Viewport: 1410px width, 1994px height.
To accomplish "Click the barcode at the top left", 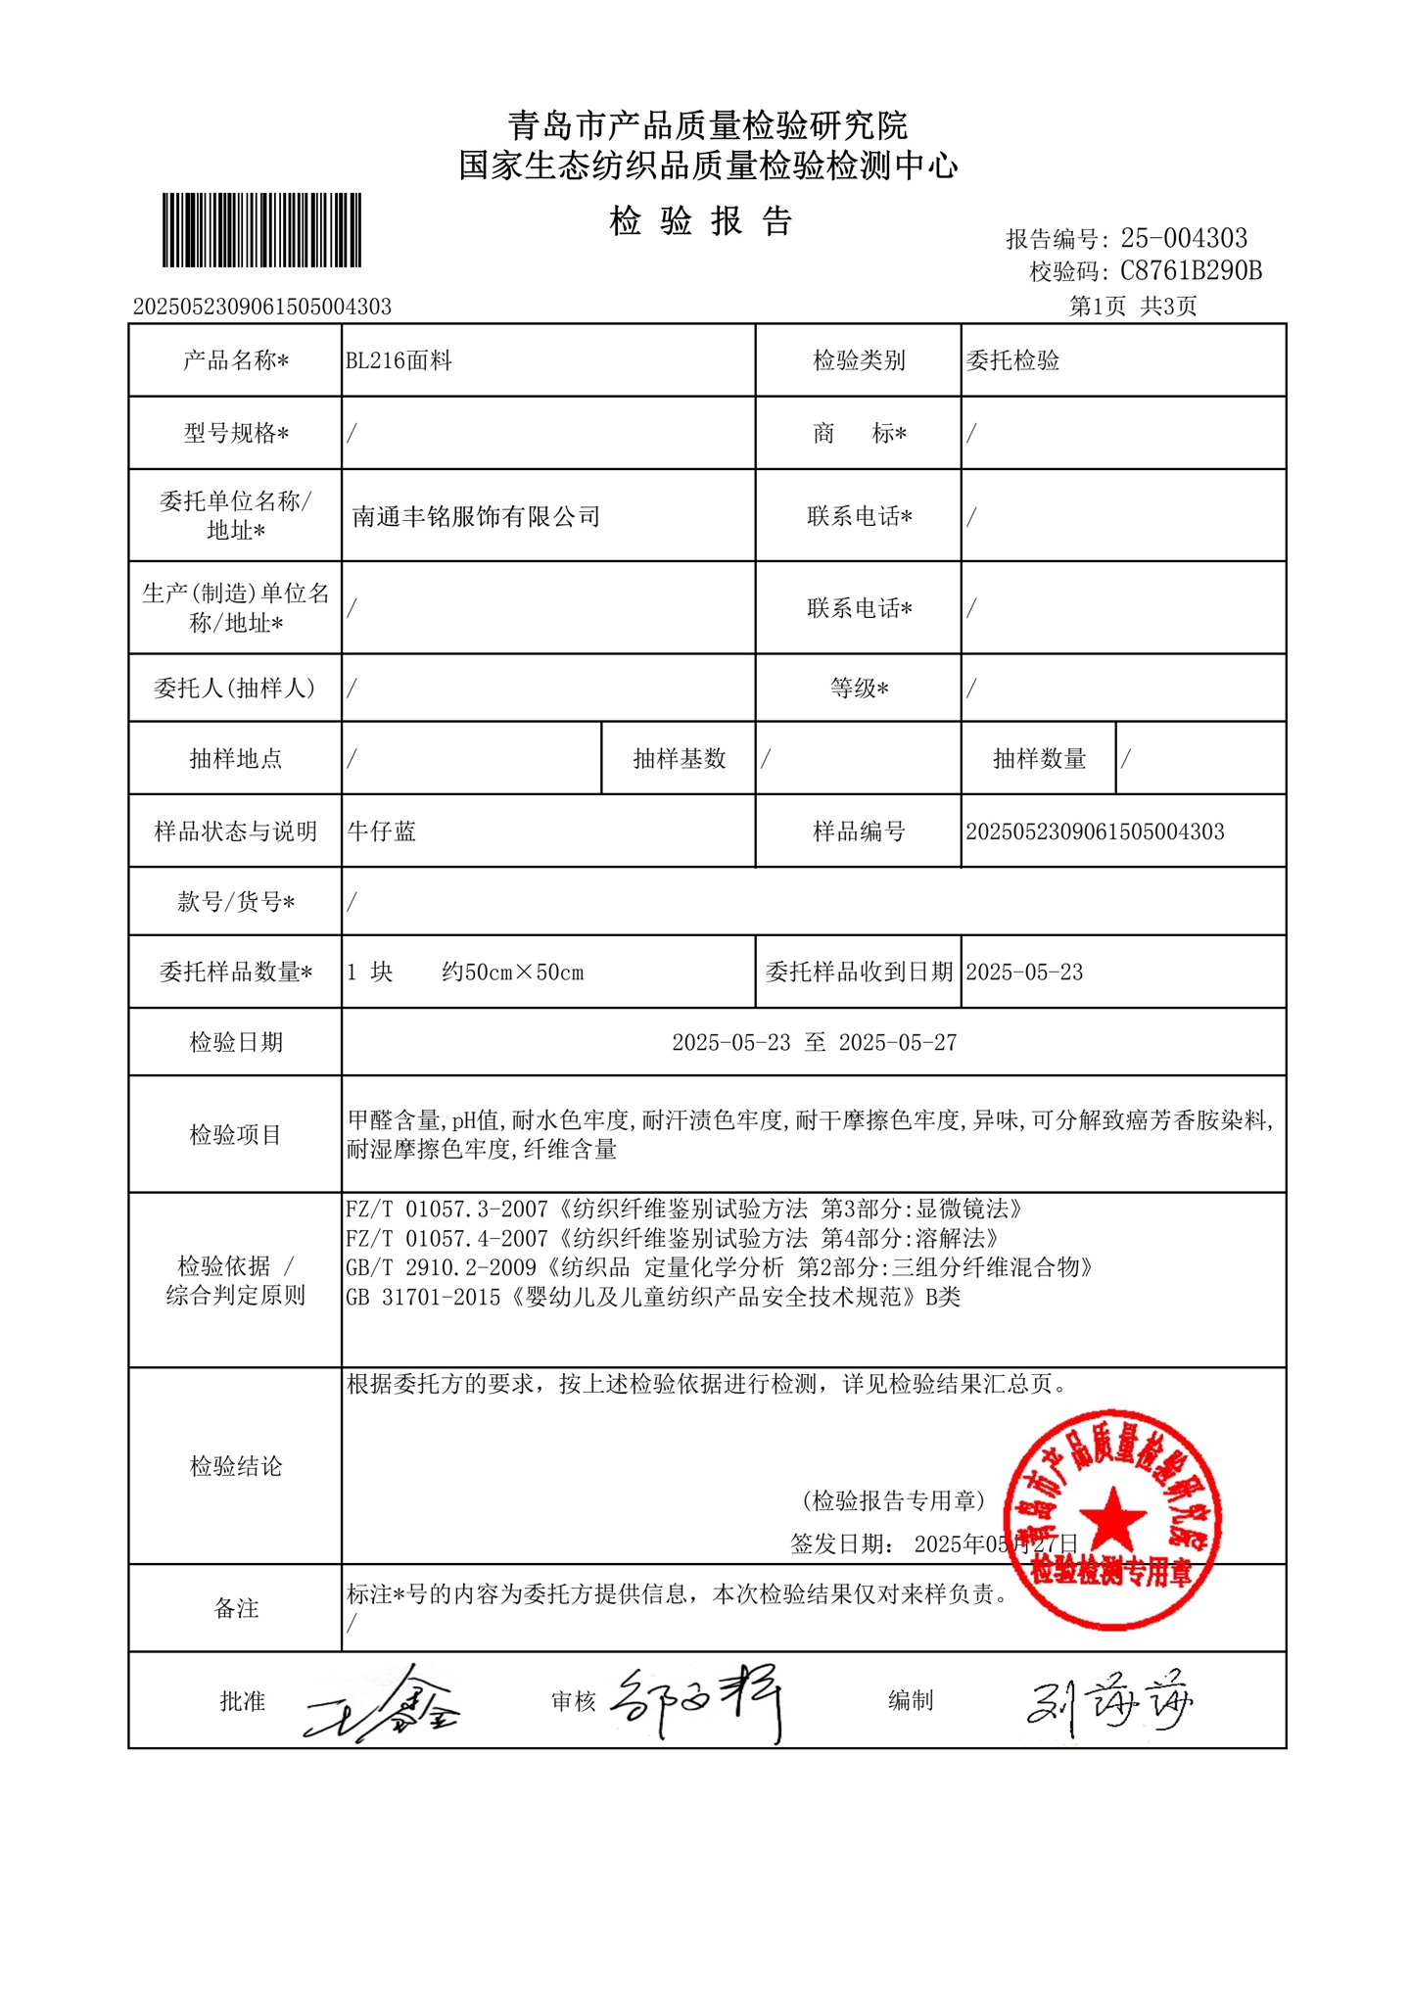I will pos(261,230).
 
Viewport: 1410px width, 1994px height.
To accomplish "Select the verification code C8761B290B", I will pos(1190,270).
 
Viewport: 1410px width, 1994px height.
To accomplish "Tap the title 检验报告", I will pos(701,221).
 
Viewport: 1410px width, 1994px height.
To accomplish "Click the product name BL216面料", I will pos(399,360).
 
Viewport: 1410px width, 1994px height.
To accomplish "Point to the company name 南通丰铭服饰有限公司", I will pos(476,516).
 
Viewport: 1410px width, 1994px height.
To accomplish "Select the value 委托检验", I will pos(1012,360).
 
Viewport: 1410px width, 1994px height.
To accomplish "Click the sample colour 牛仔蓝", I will pos(382,831).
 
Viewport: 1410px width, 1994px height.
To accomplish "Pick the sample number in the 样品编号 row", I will pos(1095,831).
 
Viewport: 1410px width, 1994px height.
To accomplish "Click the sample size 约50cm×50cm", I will pos(512,973).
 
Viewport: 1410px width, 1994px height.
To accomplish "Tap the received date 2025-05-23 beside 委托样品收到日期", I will pos(1024,973).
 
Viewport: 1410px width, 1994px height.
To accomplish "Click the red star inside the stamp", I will pos(1112,1519).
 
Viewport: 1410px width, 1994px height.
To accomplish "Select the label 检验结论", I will pos(235,1466).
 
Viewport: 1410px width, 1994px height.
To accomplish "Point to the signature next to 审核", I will pos(698,1702).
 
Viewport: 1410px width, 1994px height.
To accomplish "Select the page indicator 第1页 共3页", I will pos(1133,307).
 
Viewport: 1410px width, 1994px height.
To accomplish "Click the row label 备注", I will pos(236,1608).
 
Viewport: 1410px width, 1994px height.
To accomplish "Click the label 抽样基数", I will pos(679,759).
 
